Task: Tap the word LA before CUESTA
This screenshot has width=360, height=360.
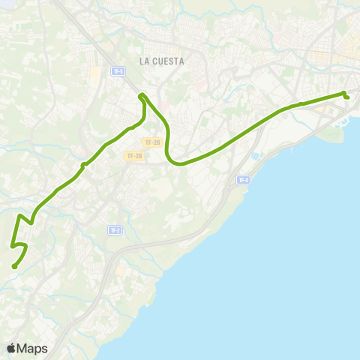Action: [144, 61]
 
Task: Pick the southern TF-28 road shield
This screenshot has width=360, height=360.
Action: [134, 156]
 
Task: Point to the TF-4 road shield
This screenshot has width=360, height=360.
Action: [242, 180]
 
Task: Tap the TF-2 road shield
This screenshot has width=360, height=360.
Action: [114, 230]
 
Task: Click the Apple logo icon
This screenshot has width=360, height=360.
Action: [12, 348]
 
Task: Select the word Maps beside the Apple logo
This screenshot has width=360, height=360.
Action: [33, 348]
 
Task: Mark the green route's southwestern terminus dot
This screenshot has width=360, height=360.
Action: [14, 266]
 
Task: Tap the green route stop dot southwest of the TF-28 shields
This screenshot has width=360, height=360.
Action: [83, 165]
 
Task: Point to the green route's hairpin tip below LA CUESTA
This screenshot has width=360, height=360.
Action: [141, 95]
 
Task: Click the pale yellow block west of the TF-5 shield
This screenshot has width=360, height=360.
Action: [95, 73]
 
